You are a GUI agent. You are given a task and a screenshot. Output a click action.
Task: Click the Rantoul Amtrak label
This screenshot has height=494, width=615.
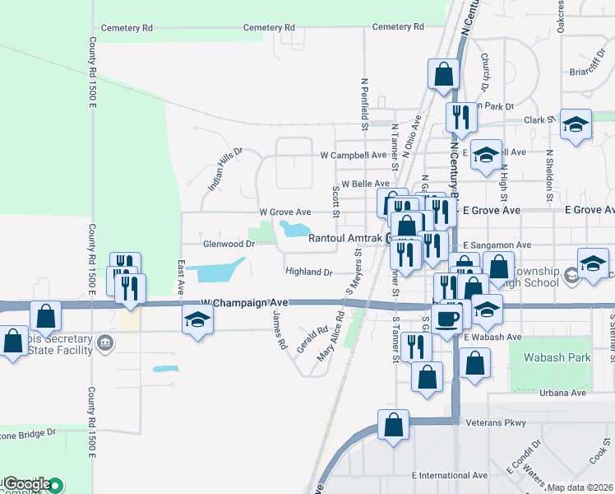coord(344,239)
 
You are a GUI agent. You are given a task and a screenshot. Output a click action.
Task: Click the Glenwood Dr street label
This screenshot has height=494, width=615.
coord(229,245)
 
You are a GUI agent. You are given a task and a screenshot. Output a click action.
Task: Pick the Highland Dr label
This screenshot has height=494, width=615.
coord(308,272)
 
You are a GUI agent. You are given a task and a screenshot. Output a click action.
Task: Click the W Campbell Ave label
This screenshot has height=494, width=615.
coord(353,155)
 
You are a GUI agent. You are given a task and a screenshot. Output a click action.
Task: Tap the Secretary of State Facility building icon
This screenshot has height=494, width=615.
coord(105,342)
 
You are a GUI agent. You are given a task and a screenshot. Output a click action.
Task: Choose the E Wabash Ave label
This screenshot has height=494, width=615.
coord(492,337)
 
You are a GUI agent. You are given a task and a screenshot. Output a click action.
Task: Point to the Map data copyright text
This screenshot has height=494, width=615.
coord(580,487)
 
